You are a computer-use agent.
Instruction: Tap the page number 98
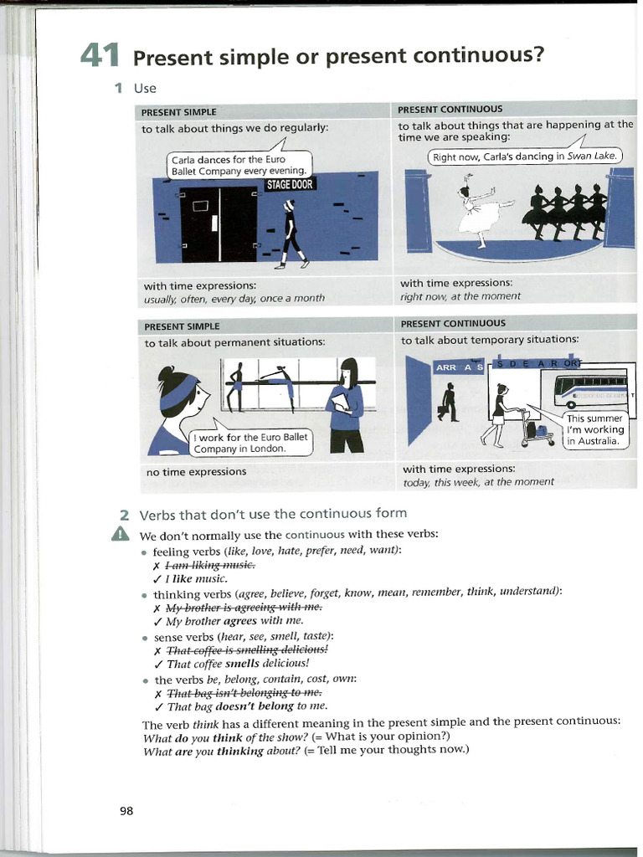click(126, 810)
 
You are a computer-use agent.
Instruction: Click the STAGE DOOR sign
click(290, 184)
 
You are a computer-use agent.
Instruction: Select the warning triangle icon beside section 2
click(121, 534)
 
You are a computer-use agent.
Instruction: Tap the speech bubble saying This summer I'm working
click(595, 429)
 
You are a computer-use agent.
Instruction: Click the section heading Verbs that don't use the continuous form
click(273, 513)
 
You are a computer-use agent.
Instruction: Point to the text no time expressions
click(196, 472)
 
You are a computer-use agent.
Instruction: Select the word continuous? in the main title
click(482, 55)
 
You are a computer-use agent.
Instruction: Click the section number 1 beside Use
click(119, 88)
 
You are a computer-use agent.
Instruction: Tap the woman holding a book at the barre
click(345, 404)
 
